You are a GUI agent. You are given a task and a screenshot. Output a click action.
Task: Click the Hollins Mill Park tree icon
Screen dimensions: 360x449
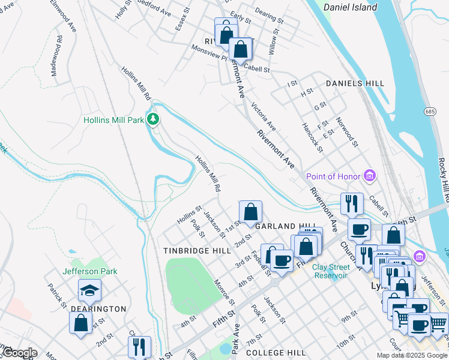(x=154, y=120)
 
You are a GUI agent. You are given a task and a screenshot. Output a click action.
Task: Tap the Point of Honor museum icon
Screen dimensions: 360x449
(x=370, y=176)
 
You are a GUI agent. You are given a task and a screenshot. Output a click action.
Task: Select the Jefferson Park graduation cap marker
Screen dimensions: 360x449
(x=89, y=291)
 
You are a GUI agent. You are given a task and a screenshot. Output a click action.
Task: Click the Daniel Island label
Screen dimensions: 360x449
(x=350, y=8)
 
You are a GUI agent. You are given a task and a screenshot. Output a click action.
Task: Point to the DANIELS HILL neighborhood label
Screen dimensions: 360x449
(x=354, y=83)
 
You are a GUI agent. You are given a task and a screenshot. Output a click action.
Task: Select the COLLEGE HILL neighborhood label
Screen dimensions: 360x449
(x=276, y=353)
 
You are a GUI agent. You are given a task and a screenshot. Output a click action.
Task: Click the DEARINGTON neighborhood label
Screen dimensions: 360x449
(x=98, y=309)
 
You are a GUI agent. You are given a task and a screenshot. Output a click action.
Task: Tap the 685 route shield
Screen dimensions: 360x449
(x=429, y=112)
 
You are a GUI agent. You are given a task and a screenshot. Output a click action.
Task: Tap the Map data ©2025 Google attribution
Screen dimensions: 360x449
(x=412, y=355)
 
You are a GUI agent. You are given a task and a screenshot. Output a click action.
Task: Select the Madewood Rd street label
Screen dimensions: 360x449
(x=56, y=51)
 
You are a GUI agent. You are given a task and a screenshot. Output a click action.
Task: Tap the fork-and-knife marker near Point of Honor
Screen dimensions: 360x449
(x=352, y=203)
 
